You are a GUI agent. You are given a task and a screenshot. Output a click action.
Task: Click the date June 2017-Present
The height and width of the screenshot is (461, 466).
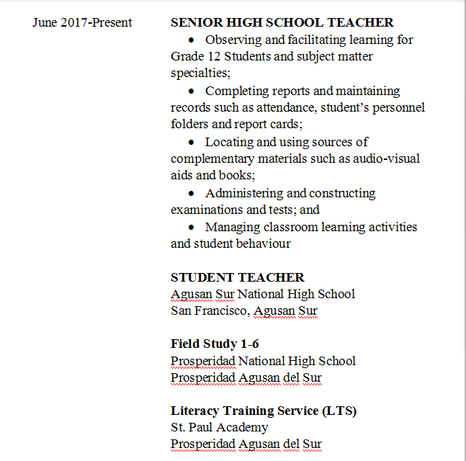pyautogui.click(x=82, y=22)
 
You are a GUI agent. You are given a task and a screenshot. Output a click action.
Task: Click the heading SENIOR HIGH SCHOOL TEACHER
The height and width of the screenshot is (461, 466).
pyautogui.click(x=282, y=22)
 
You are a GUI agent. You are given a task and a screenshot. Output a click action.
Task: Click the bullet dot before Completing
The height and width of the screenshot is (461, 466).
pyautogui.click(x=191, y=91)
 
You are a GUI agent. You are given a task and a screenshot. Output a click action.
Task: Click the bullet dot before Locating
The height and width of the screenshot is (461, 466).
pyautogui.click(x=191, y=143)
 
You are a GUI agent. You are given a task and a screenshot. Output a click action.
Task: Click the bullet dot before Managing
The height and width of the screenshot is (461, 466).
pyautogui.click(x=191, y=228)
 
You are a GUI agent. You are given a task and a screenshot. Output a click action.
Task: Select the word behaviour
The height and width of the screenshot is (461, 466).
pyautogui.click(x=260, y=243)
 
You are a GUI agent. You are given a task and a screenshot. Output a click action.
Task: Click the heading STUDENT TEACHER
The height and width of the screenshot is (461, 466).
pyautogui.click(x=238, y=277)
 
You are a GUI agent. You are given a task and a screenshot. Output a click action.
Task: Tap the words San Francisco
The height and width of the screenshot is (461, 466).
pyautogui.click(x=209, y=311)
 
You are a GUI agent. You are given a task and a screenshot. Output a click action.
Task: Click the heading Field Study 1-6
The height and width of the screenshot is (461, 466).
pyautogui.click(x=215, y=344)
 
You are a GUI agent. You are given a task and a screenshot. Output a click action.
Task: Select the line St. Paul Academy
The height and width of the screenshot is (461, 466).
pyautogui.click(x=219, y=427)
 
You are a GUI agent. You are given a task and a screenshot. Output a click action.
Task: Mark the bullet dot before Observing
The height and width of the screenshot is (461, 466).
pyautogui.click(x=191, y=40)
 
